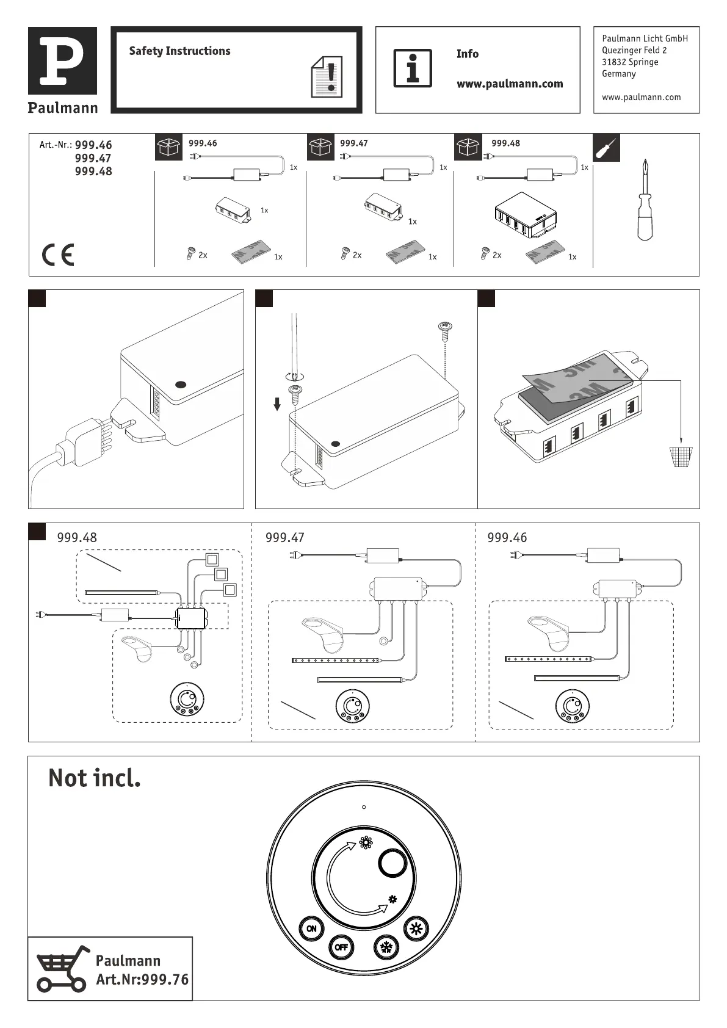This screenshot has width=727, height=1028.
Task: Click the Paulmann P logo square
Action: (62, 60)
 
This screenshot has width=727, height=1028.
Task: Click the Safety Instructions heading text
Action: (179, 51)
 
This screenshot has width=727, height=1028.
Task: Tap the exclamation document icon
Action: (327, 77)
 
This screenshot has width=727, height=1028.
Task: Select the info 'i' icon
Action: (413, 68)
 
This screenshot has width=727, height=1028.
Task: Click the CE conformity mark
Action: (58, 254)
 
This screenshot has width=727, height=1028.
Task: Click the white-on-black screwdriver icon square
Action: (606, 147)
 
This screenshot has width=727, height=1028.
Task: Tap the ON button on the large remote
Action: (312, 929)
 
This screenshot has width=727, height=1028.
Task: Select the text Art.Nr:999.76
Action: (142, 980)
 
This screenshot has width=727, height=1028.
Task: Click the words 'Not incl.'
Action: (95, 778)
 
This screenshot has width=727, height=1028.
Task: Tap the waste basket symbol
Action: (681, 457)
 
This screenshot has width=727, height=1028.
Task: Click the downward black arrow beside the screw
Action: (277, 404)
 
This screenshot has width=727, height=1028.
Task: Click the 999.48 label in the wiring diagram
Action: (77, 538)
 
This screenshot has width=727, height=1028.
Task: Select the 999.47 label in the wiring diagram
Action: (284, 538)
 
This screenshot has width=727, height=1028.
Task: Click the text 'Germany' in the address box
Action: (619, 74)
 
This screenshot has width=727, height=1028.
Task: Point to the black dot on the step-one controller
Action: (181, 385)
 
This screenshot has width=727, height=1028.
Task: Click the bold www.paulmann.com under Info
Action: (510, 84)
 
